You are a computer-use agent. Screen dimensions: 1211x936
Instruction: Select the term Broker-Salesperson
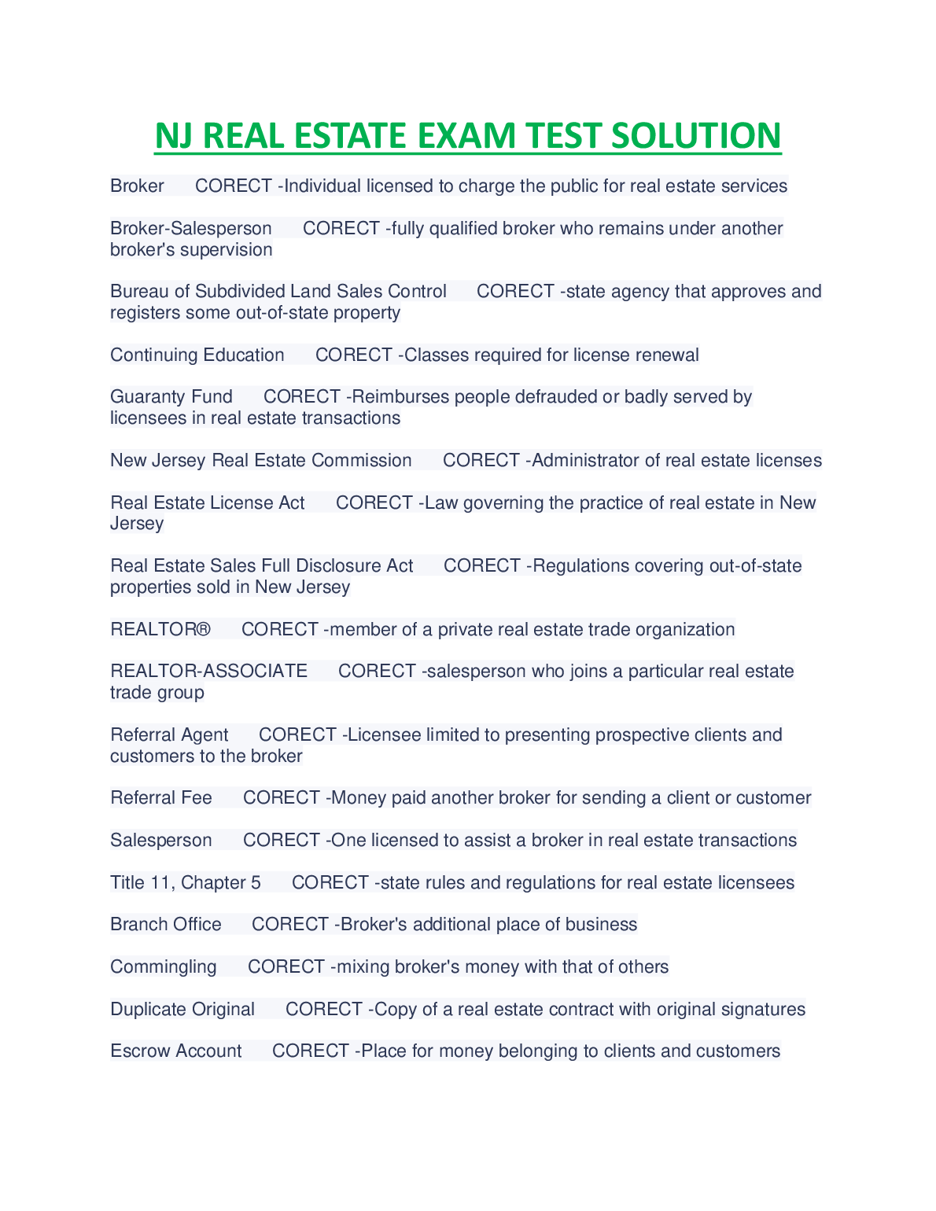pyautogui.click(x=190, y=229)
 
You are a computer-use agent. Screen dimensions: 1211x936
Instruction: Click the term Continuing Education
pyautogui.click(x=197, y=355)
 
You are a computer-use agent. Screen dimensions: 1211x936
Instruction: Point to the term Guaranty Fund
pyautogui.click(x=171, y=397)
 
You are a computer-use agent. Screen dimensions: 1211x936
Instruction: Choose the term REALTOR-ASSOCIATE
pyautogui.click(x=208, y=672)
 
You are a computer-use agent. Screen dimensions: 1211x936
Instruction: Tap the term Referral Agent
pyautogui.click(x=169, y=735)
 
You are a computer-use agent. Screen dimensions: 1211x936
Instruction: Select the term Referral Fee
pyautogui.click(x=161, y=798)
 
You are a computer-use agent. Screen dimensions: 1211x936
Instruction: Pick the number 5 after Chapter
pyautogui.click(x=256, y=883)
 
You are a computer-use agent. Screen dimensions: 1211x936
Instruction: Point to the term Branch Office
pyautogui.click(x=165, y=925)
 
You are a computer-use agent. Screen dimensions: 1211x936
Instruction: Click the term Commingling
pyautogui.click(x=163, y=967)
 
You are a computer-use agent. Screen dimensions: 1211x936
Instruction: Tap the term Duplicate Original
pyautogui.click(x=182, y=1010)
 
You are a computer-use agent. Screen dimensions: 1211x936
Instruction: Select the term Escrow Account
pyautogui.click(x=175, y=1051)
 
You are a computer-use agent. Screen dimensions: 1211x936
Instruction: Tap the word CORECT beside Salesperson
pyautogui.click(x=282, y=841)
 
